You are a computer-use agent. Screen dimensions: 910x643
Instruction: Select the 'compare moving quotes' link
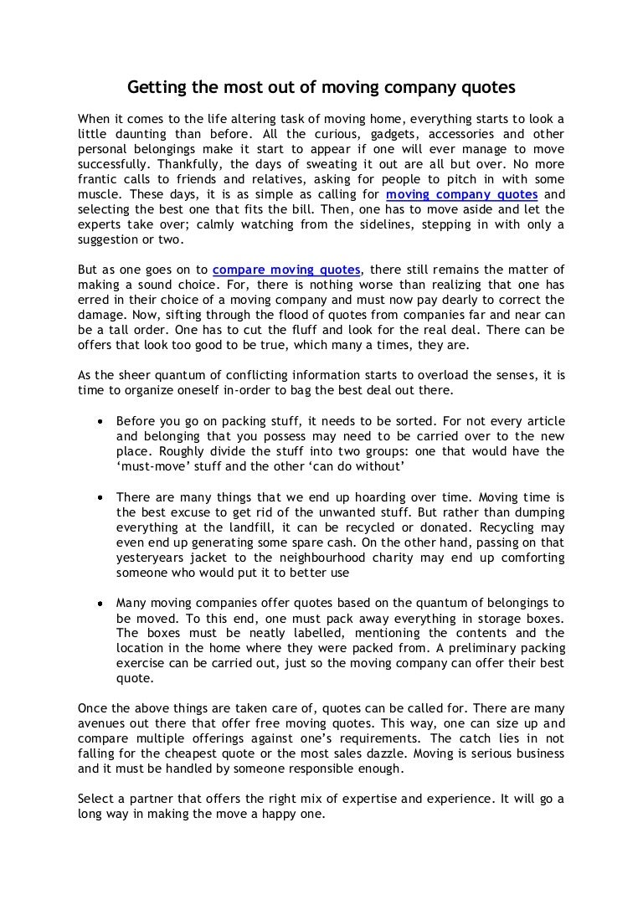point(286,270)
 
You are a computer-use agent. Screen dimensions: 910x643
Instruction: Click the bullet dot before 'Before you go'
point(100,421)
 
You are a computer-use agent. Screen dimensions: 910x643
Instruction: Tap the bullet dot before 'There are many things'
point(100,496)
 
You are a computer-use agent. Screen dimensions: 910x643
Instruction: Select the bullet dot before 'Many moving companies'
point(100,602)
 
